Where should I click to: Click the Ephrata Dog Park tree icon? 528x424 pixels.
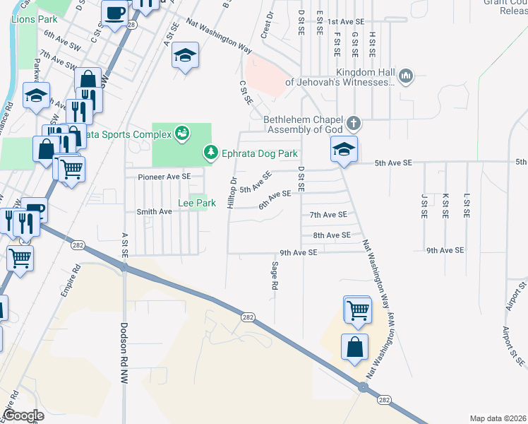click(x=210, y=152)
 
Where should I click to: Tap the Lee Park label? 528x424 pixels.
click(x=196, y=203)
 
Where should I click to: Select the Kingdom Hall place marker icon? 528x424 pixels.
click(x=406, y=76)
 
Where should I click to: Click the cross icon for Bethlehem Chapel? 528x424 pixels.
click(x=354, y=124)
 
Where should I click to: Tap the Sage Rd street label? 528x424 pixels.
click(x=275, y=276)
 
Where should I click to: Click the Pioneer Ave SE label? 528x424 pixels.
click(x=164, y=176)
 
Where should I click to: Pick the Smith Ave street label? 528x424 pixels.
click(x=154, y=211)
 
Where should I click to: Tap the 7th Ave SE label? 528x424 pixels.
click(x=328, y=214)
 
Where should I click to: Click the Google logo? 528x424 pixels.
click(x=23, y=416)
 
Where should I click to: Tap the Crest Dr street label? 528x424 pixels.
click(x=266, y=28)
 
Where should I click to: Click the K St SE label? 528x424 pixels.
click(x=445, y=205)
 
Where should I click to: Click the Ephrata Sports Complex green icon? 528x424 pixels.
click(x=183, y=133)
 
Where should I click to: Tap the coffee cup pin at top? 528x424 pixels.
click(x=114, y=11)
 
